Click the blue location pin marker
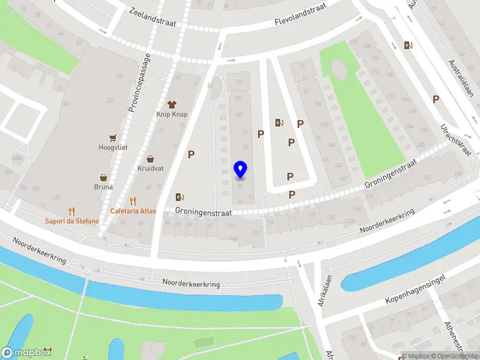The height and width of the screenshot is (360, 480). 241,170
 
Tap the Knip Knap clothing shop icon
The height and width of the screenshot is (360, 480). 173,104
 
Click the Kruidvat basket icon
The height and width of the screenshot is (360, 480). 151,159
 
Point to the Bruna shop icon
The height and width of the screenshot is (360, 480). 104,178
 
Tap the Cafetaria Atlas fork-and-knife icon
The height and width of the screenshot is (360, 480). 133,201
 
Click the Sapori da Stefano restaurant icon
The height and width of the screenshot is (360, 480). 71,211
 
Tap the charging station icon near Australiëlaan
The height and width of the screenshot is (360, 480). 409,46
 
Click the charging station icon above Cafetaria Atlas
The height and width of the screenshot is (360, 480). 179,197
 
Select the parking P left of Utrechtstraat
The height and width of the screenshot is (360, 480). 436,100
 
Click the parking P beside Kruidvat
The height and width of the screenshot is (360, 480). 191,155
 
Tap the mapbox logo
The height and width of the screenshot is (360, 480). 27,352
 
